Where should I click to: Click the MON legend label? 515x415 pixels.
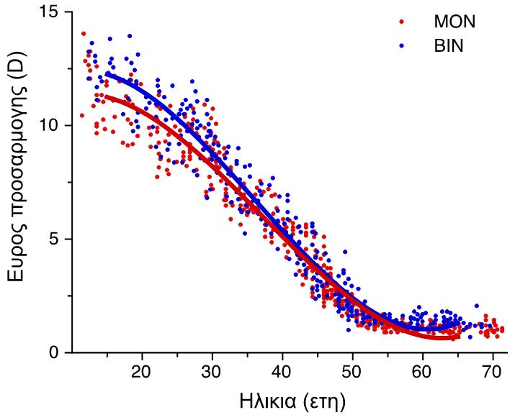(454, 22)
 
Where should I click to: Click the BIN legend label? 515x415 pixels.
(449, 45)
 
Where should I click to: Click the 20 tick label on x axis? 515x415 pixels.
(142, 374)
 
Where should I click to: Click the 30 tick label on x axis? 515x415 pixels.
(212, 374)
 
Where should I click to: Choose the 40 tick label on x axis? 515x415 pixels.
(282, 374)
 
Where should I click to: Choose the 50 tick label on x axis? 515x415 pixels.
(352, 374)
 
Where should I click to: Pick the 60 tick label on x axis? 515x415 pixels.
(423, 374)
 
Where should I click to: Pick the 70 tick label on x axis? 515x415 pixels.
(493, 374)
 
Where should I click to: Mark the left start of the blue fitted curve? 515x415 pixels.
(107, 73)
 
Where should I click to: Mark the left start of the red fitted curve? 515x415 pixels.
(107, 96)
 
